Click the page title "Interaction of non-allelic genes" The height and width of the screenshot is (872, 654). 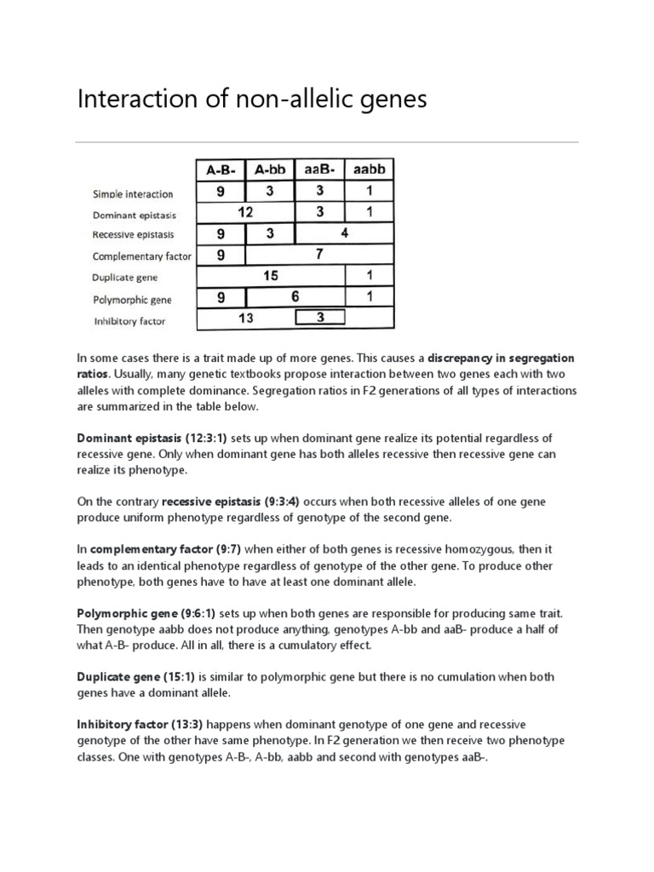[x=252, y=100]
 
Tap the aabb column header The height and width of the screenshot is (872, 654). [x=370, y=169]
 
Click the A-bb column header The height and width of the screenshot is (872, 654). [x=270, y=169]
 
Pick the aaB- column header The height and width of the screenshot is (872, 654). [x=320, y=169]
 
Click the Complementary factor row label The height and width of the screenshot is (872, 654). [x=142, y=255]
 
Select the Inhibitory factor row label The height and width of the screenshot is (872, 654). [x=130, y=321]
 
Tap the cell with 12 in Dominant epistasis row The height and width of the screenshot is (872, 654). [x=245, y=212]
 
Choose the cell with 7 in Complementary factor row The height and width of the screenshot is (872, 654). [x=319, y=255]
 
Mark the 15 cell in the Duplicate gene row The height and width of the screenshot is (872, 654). [x=271, y=276]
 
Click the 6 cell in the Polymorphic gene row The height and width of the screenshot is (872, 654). [x=295, y=297]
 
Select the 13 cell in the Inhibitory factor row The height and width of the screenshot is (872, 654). [x=245, y=318]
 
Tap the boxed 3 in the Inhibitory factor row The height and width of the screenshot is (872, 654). [x=320, y=318]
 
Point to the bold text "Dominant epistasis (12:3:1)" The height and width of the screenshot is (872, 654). [x=152, y=438]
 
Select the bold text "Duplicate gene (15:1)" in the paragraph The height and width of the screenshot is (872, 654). [x=136, y=677]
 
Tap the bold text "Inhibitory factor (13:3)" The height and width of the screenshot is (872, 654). [x=140, y=725]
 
